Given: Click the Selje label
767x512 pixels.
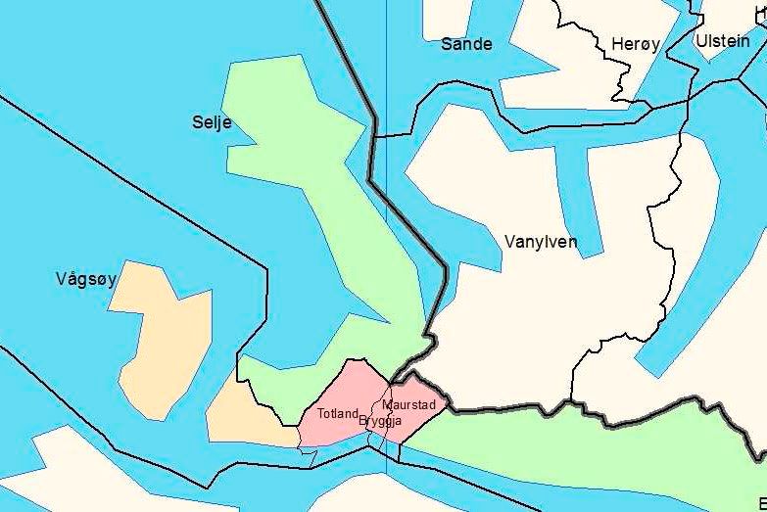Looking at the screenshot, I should click(x=213, y=122).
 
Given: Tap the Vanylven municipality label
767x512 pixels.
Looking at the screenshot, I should click(x=540, y=242).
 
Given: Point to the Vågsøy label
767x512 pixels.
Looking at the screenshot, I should click(x=86, y=279).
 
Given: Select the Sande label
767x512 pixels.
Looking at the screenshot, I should click(x=466, y=44).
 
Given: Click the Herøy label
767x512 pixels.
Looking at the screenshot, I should click(x=635, y=44).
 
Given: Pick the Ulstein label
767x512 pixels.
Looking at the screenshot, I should click(x=722, y=41).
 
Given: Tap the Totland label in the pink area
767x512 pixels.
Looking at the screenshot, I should click(x=338, y=414).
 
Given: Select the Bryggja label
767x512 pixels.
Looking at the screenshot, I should click(x=381, y=421).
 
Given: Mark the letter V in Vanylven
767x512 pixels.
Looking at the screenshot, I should click(x=510, y=242).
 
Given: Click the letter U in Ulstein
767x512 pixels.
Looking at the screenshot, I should click(x=700, y=41).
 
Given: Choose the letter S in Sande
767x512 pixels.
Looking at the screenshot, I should click(x=447, y=44).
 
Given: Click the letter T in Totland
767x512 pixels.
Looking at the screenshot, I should click(x=320, y=414).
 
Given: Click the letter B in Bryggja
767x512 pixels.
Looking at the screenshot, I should click(x=363, y=421).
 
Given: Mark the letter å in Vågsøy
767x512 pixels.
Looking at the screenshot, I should click(x=72, y=279).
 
